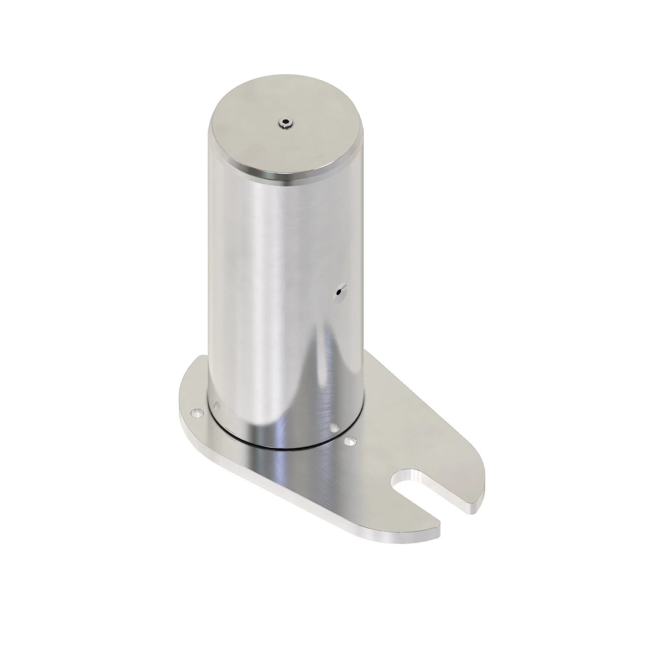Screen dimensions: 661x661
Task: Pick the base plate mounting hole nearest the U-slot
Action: pyautogui.click(x=349, y=442)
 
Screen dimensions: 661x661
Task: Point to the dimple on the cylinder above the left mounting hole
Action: pyautogui.click(x=216, y=406)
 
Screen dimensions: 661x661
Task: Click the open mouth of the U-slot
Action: pyautogui.click(x=451, y=513)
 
